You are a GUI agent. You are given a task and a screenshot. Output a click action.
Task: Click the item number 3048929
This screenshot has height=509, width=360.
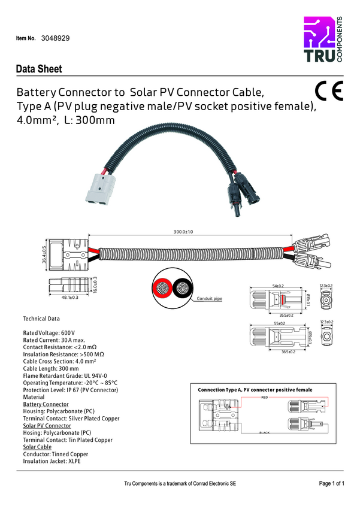56,38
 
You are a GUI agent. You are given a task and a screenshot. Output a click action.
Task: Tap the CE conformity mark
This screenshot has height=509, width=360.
328,90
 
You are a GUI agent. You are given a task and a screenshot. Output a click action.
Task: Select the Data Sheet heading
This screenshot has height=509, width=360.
39,69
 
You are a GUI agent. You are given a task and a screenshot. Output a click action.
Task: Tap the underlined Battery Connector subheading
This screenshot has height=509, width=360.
46,404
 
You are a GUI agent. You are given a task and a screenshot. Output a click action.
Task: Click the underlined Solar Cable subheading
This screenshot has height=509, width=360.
37,447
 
